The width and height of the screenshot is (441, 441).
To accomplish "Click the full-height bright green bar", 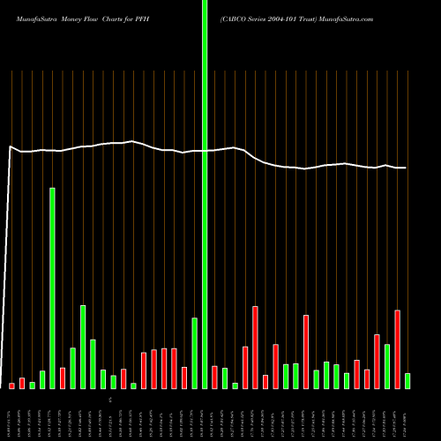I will pos(205,194).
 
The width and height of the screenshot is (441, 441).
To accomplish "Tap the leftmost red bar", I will pos(11,385).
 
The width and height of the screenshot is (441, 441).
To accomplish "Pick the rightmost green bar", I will pos(407,381).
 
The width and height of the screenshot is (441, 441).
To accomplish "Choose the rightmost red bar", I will pos(398,349).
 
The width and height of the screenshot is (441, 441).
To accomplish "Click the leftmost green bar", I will pos(32,385).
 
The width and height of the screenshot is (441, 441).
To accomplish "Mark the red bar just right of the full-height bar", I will pos(214,377).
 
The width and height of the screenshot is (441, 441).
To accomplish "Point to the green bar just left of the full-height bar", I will pos(194,353).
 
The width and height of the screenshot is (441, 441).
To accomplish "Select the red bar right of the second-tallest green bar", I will pos(63,378).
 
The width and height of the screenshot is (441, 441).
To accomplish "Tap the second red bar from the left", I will pos(22,384).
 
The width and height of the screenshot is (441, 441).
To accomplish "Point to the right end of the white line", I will pos(405,168).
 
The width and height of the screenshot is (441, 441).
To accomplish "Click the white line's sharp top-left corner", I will pos(10,146).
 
